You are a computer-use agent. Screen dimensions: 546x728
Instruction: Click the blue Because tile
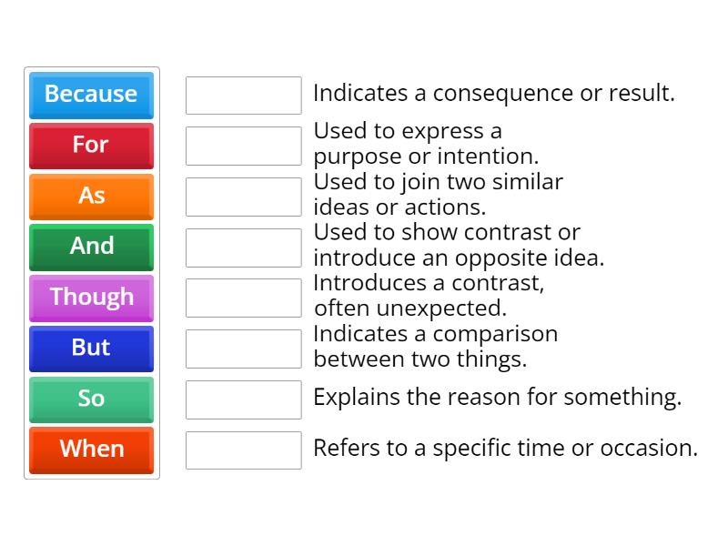pyautogui.click(x=91, y=95)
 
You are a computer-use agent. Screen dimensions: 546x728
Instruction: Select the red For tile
pyautogui.click(x=91, y=146)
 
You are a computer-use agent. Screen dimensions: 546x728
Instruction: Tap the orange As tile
pyautogui.click(x=91, y=196)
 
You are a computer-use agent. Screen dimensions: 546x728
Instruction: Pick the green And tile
pyautogui.click(x=91, y=247)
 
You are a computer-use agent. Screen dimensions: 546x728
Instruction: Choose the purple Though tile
pyautogui.click(x=91, y=298)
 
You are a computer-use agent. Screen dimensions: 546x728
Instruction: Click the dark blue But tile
pyautogui.click(x=91, y=349)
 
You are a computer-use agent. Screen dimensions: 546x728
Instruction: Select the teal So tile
pyautogui.click(x=91, y=399)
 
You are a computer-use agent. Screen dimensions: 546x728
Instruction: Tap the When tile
pyautogui.click(x=91, y=450)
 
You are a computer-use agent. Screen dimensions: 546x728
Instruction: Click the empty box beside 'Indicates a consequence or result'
pyautogui.click(x=243, y=95)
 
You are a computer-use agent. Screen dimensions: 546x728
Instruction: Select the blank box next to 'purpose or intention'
pyautogui.click(x=243, y=146)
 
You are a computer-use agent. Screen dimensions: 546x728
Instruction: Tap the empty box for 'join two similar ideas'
pyautogui.click(x=243, y=197)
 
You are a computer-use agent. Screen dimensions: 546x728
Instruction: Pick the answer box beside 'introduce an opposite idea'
pyautogui.click(x=243, y=248)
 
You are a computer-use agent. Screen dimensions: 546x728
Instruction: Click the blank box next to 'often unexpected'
pyautogui.click(x=243, y=298)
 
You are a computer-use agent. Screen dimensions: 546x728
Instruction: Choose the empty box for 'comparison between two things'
pyautogui.click(x=243, y=349)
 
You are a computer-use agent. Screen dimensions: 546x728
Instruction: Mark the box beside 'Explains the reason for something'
pyautogui.click(x=243, y=399)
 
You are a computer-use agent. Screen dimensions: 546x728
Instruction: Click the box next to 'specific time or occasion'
pyautogui.click(x=243, y=450)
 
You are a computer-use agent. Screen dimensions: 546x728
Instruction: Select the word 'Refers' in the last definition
pyautogui.click(x=342, y=448)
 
